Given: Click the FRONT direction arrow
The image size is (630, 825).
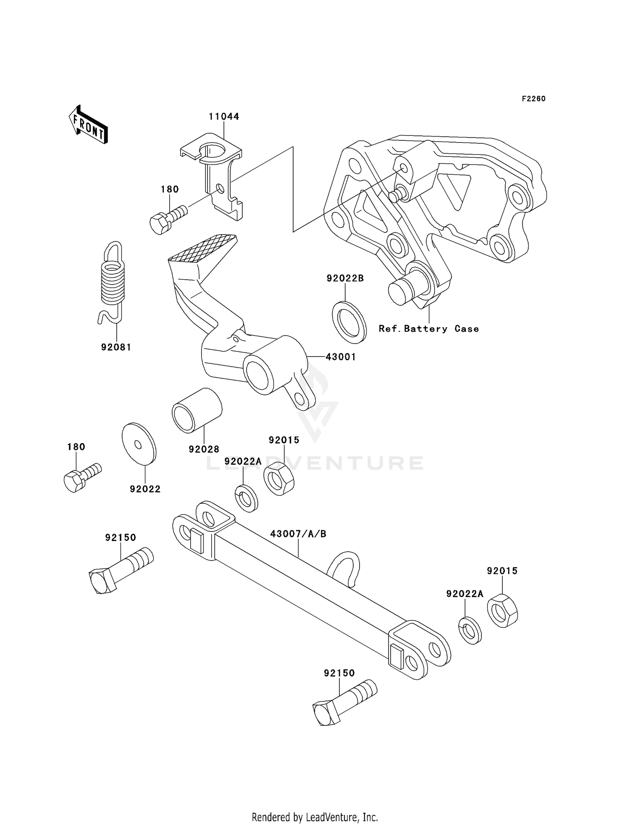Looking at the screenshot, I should [x=88, y=125].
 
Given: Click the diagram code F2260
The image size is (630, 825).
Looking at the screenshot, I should [x=533, y=99].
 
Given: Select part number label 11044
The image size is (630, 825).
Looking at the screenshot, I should [x=224, y=116].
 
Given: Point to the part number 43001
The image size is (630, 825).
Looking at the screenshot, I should [x=341, y=357].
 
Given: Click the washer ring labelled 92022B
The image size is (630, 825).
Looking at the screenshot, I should [x=349, y=322].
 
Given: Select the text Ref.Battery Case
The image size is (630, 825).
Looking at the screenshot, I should [x=428, y=329].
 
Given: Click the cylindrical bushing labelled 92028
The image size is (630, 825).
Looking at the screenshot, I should [x=197, y=410].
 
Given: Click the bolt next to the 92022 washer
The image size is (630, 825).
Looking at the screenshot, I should [x=82, y=477].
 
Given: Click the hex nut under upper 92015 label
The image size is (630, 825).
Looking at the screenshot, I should [x=278, y=478].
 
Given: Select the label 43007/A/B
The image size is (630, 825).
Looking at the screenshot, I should [x=298, y=534].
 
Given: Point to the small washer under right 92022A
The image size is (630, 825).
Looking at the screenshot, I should [x=470, y=630].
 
